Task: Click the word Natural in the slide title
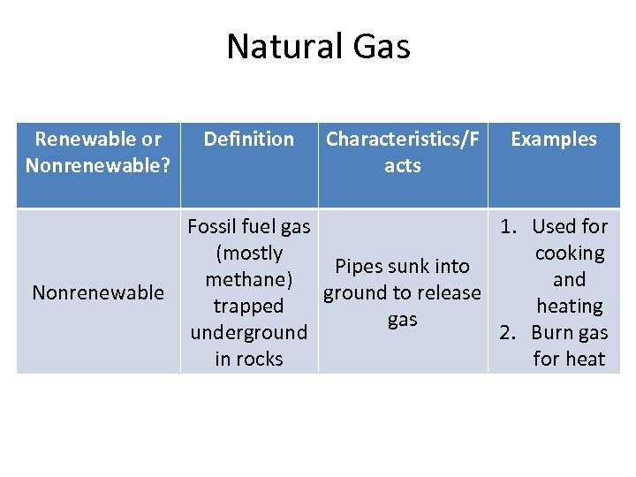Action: pyautogui.click(x=281, y=47)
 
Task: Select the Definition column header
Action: pyautogui.click(x=248, y=139)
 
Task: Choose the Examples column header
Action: pyautogui.click(x=554, y=139)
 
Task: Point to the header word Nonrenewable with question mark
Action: pyautogui.click(x=97, y=165)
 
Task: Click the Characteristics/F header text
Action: pyautogui.click(x=402, y=139)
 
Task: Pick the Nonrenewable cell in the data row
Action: pyautogui.click(x=97, y=292)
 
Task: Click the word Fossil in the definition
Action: pyautogui.click(x=212, y=227)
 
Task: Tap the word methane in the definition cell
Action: pyautogui.click(x=246, y=280)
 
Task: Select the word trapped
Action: pyautogui.click(x=248, y=307)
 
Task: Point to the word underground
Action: pyautogui.click(x=248, y=333)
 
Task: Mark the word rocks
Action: pyautogui.click(x=262, y=360)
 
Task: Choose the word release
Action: pyautogui.click(x=445, y=293)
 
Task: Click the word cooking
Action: pyautogui.click(x=570, y=254)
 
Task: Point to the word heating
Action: pyautogui.click(x=570, y=307)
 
